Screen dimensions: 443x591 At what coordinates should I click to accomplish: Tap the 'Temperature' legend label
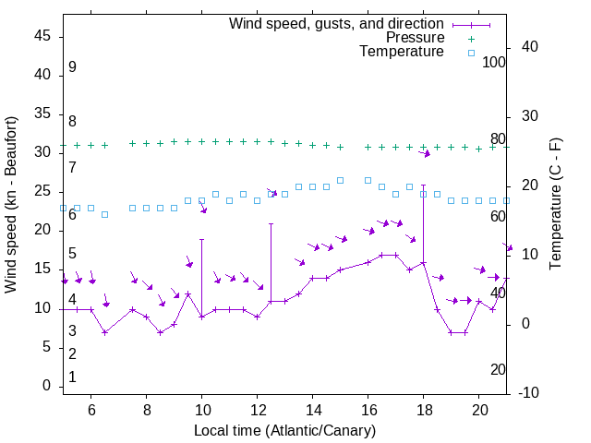pos(402,53)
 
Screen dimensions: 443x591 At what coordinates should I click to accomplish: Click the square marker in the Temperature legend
pos(471,53)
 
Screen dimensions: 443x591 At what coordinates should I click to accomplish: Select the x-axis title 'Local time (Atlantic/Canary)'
pos(284,431)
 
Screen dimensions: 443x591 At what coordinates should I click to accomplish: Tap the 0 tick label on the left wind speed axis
pos(47,387)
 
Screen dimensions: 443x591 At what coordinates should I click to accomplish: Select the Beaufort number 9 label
pos(72,67)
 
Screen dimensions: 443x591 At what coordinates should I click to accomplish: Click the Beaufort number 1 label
pos(72,377)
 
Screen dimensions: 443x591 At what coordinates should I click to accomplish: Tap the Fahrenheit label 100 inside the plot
pos(494,62)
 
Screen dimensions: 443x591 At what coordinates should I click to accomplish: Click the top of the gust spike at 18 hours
pos(424,185)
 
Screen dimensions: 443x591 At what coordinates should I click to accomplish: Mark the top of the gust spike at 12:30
pos(271,223)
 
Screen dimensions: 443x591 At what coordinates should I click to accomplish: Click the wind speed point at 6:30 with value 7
pos(104,332)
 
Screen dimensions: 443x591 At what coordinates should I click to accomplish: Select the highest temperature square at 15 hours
pos(340,180)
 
